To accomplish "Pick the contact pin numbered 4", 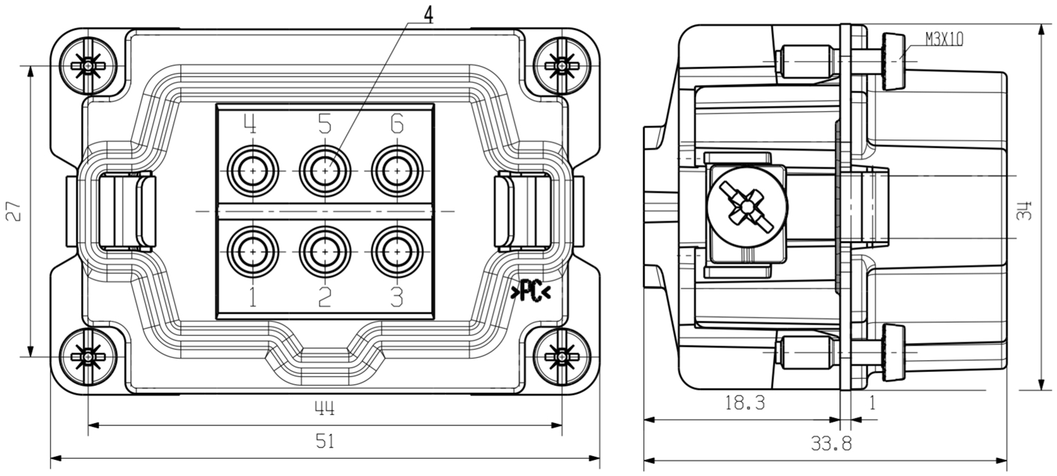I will pos(253,170).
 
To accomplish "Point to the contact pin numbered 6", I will pos(396,170).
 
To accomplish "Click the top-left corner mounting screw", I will pos(88,66).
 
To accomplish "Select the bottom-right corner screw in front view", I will pos(561,357).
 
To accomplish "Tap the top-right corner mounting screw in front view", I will pos(561,66).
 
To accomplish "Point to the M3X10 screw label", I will pos(943,40).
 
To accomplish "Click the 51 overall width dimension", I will pos(324,442).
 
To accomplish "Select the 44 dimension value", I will pos(324,409).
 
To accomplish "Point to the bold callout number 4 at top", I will pos(428,15).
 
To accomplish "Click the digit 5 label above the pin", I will pos(324,124).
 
